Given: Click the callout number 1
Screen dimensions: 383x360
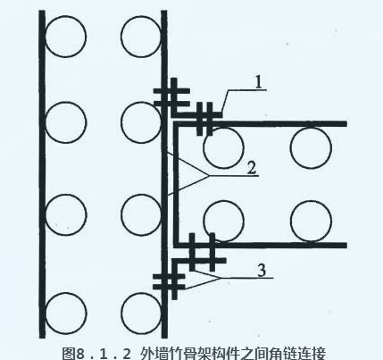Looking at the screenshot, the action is pyautogui.click(x=259, y=81).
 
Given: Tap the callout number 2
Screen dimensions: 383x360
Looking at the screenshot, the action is pyautogui.click(x=252, y=169).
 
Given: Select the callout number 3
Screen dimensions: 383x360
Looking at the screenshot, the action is pyautogui.click(x=262, y=271).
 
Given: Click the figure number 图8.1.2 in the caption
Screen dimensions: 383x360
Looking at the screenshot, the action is pyautogui.click(x=96, y=354).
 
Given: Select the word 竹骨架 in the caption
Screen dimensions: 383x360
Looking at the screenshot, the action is pyautogui.click(x=188, y=354).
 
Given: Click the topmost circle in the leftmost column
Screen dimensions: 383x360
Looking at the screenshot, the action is pyautogui.click(x=66, y=37).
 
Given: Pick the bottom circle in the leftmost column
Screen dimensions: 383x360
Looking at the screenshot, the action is pyautogui.click(x=66, y=314).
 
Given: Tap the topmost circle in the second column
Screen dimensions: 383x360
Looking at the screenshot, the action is pyautogui.click(x=141, y=37).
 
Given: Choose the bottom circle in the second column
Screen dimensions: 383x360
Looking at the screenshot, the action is pyautogui.click(x=142, y=314).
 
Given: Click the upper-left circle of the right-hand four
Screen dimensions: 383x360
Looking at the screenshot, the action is pyautogui.click(x=224, y=148).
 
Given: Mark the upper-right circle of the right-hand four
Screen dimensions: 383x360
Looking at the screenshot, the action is pyautogui.click(x=311, y=148).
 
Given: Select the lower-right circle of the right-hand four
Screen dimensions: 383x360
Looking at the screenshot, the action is pyautogui.click(x=311, y=221).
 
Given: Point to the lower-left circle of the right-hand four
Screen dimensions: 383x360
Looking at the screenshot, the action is pyautogui.click(x=224, y=221).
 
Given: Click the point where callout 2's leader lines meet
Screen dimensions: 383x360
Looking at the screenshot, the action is pyautogui.click(x=208, y=176).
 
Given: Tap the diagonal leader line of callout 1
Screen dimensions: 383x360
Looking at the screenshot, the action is pyautogui.click(x=225, y=101).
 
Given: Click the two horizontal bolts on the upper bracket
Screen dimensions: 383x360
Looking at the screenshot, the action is pyautogui.click(x=171, y=97).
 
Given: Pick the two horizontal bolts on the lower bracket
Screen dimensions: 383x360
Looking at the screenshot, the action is pyautogui.click(x=169, y=281).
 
